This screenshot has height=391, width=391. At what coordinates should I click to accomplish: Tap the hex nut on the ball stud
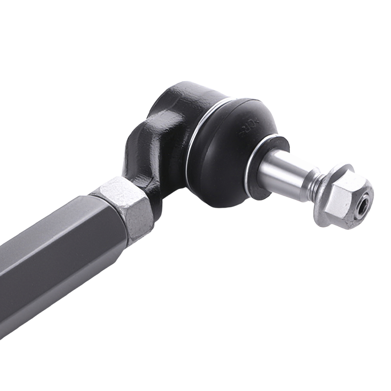(x=344, y=197)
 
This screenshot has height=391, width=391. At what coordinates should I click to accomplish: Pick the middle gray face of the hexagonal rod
(x=66, y=254)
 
